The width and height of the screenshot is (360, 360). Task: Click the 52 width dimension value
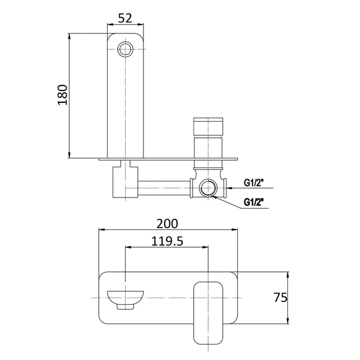(x=125, y=18)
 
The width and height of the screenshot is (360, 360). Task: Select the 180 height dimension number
(x=62, y=95)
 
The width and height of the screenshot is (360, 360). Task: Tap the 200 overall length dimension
(x=167, y=223)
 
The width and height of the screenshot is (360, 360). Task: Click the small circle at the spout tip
(x=126, y=50)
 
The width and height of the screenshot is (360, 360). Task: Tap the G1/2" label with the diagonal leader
(x=254, y=201)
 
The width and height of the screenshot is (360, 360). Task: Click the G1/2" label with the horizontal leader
(x=254, y=183)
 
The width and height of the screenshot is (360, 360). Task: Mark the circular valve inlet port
(x=209, y=188)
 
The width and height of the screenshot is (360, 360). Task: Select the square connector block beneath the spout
(x=123, y=181)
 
